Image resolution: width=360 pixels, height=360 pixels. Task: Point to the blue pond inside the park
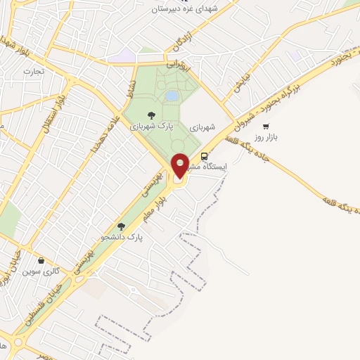click(172, 96)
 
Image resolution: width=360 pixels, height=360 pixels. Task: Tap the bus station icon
click(205, 156)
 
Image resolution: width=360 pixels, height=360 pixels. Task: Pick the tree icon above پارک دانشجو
click(121, 226)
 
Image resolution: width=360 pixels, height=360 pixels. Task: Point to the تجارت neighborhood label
click(33, 71)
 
